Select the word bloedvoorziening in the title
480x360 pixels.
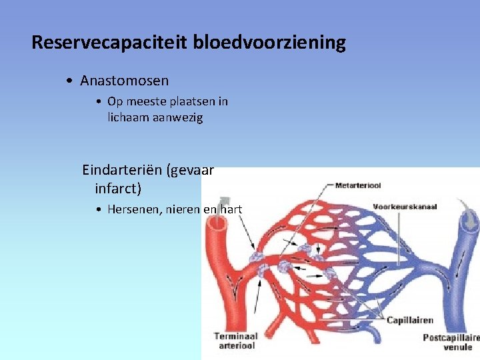point(269,43)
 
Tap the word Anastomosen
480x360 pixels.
point(124,81)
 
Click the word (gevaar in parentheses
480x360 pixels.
point(192,170)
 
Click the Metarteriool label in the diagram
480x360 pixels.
point(357,185)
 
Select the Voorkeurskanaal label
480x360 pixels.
point(405,207)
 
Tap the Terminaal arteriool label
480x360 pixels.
point(236,341)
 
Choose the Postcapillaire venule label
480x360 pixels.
point(451,342)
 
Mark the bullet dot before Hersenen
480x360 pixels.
point(98,210)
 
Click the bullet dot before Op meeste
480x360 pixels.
point(98,102)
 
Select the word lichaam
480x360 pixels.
point(128,117)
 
